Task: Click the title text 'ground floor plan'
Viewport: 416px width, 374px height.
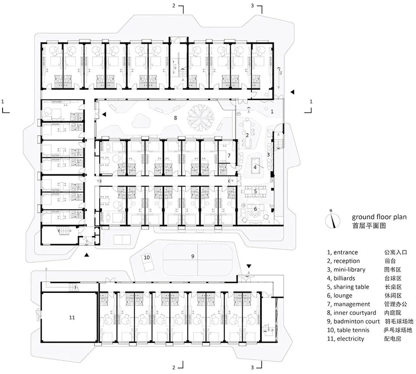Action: tap(379, 217)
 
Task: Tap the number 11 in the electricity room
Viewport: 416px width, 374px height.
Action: tap(72, 317)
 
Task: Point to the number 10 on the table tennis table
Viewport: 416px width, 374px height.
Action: tap(147, 257)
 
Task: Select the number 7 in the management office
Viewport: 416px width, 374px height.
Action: tap(229, 156)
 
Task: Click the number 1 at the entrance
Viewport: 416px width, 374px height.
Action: tap(272, 111)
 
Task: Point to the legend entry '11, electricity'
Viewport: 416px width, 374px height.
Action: tap(345, 338)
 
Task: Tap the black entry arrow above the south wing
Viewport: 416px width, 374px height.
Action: tap(249, 265)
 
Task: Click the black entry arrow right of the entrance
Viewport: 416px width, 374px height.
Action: tap(292, 92)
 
